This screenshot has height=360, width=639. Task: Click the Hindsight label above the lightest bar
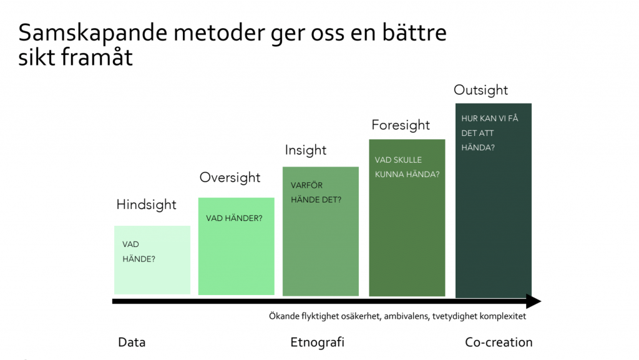click(x=147, y=205)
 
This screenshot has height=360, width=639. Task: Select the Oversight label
click(x=230, y=177)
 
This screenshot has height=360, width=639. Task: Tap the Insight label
click(x=306, y=150)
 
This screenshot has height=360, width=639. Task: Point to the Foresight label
click(x=401, y=125)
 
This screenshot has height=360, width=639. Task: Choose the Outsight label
click(x=480, y=90)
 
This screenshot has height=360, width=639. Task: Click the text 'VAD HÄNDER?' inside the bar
click(x=234, y=218)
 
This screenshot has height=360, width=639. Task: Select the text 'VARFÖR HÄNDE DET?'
click(x=316, y=192)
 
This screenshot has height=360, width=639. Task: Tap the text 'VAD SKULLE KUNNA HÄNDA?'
click(x=407, y=167)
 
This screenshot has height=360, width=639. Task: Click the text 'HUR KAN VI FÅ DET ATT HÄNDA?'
click(x=489, y=132)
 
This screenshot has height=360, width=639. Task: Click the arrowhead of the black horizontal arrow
click(x=533, y=302)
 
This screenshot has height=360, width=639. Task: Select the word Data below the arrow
click(x=132, y=343)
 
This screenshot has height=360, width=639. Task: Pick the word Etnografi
click(x=317, y=343)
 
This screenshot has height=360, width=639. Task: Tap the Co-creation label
click(x=499, y=343)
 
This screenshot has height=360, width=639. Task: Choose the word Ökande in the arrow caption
click(x=276, y=316)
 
